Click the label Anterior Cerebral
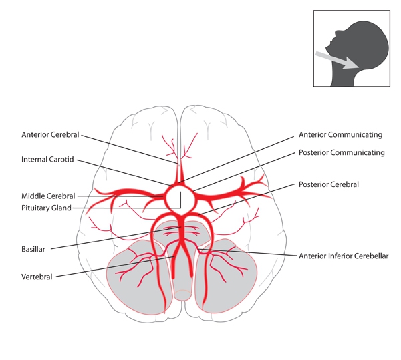click(50, 134)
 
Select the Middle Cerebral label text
click(48, 196)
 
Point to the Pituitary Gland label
click(46, 208)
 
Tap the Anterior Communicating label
click(341, 134)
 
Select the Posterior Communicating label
click(342, 152)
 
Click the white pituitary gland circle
click(179, 196)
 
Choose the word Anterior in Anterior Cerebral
click(36, 134)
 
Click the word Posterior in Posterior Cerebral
click(313, 184)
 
